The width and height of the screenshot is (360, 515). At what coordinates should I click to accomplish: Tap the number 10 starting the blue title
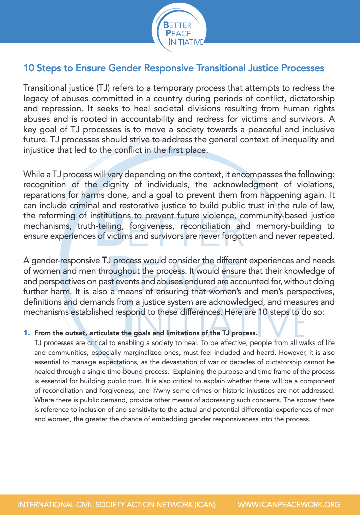(29, 68)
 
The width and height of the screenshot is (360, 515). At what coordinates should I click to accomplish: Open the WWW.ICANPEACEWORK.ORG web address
(289, 504)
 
